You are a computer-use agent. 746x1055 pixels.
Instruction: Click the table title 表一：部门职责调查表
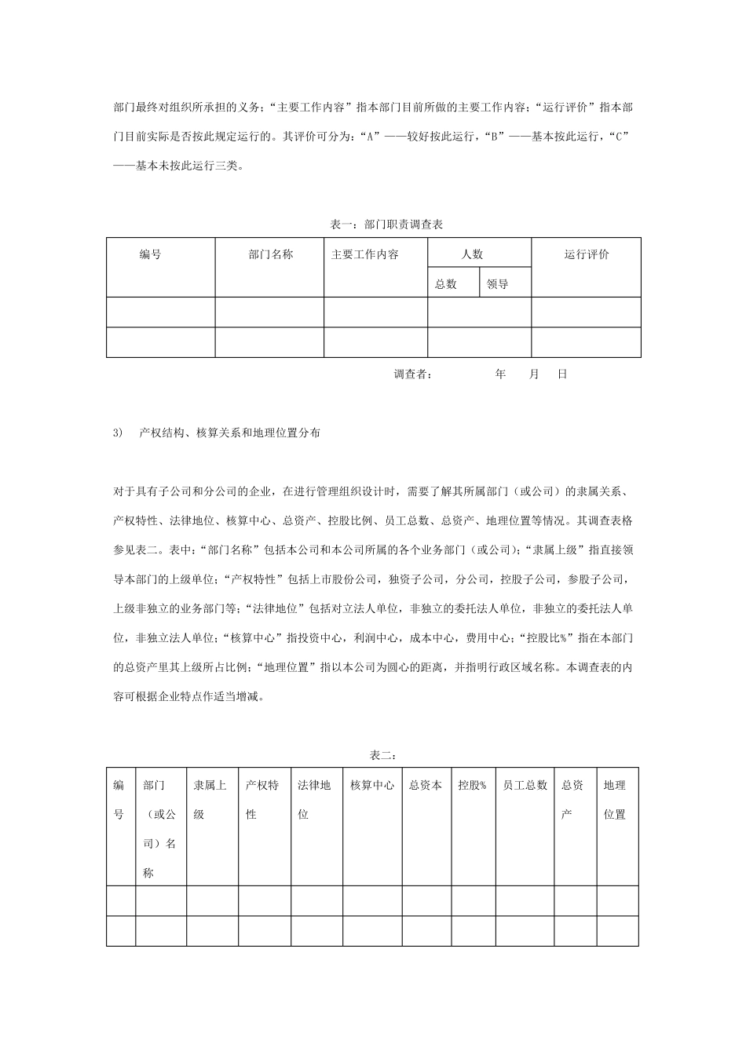coord(387,225)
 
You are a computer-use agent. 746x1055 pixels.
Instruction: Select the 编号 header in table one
coord(151,254)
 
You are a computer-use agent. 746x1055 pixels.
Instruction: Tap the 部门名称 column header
coord(270,254)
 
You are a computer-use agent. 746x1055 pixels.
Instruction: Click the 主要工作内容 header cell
coord(364,254)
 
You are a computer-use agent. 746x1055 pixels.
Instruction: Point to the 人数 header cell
coord(472,254)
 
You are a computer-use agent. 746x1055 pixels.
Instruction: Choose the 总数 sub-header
coord(446,284)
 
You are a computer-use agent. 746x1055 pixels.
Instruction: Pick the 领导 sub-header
coord(497,284)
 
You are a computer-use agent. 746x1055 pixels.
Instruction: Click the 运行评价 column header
coord(587,254)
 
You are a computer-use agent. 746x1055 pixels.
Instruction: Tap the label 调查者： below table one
coord(413,374)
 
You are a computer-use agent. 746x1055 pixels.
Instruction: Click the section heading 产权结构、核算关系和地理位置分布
coord(229,433)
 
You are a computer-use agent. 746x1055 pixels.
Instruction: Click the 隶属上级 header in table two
coord(210,799)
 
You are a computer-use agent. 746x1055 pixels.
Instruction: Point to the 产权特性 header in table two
coord(262,799)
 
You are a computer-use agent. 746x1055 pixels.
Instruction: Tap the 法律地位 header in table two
coord(314,799)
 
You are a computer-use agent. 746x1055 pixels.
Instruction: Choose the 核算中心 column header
coord(372,785)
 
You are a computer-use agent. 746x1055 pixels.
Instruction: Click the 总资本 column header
coord(426,785)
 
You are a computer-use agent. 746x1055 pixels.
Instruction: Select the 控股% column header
coord(473,785)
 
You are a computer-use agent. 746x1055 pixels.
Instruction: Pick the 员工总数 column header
coord(525,785)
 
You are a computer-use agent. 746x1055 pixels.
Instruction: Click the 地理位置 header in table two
coord(615,799)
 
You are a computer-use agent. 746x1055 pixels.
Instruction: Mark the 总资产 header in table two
coord(572,799)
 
